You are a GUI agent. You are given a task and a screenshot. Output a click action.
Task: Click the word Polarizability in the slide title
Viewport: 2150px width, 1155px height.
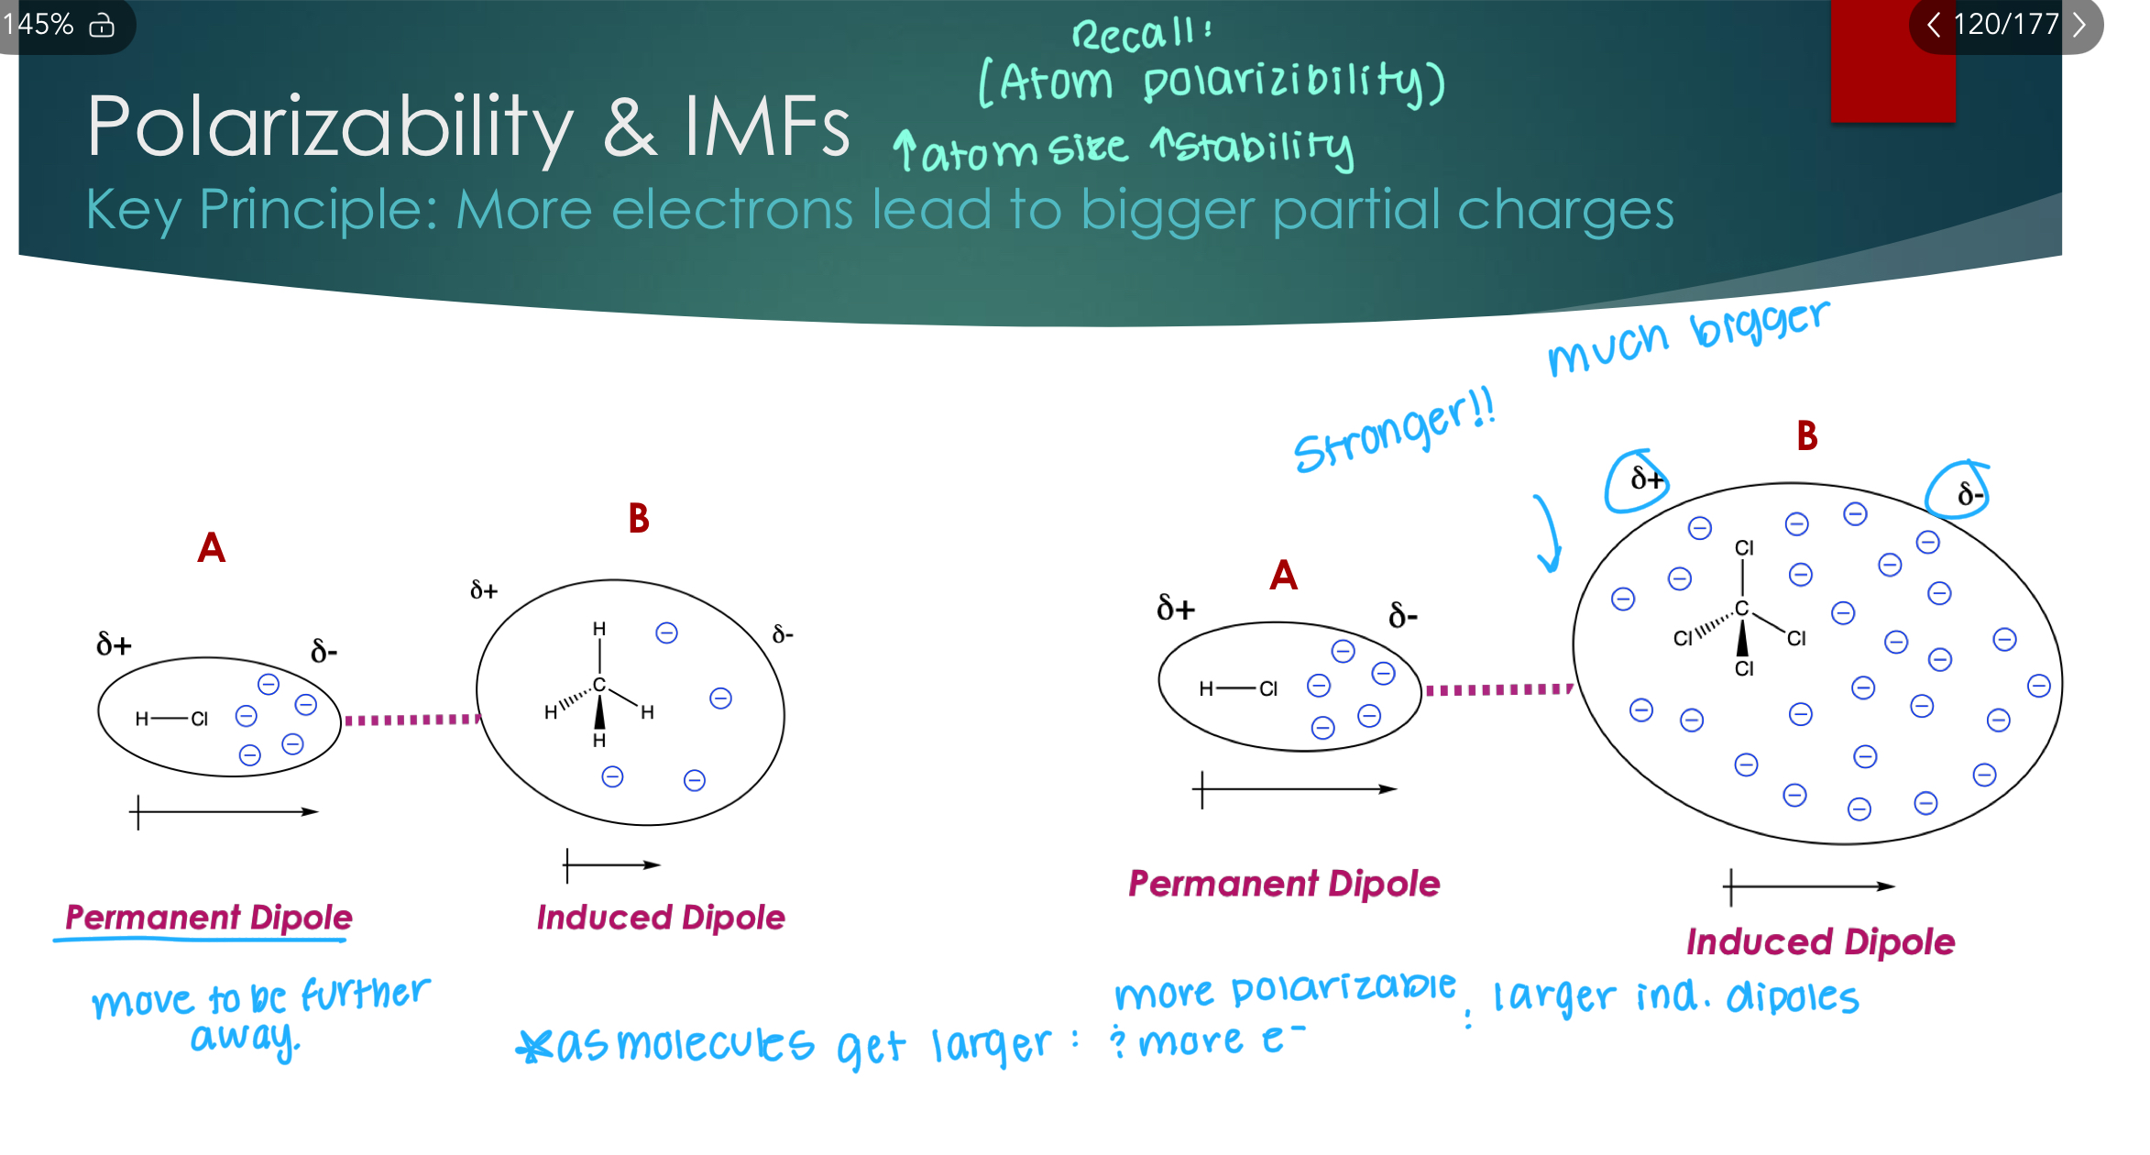click(x=330, y=128)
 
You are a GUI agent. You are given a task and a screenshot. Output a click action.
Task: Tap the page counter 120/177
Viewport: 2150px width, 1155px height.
click(x=2005, y=24)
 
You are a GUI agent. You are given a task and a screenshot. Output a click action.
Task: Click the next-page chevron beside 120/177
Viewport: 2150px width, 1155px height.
click(x=2079, y=24)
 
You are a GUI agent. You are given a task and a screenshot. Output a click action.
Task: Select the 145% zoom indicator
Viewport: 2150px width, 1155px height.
click(x=38, y=24)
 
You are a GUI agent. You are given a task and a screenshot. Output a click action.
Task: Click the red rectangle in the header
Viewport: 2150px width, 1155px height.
click(x=1892, y=64)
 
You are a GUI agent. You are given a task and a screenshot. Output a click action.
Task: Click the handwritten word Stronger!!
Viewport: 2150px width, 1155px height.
click(x=1393, y=431)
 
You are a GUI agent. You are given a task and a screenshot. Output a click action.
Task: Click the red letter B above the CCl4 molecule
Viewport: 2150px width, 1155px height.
click(x=1806, y=436)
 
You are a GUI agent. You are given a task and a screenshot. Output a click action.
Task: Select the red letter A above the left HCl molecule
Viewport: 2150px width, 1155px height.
click(x=211, y=548)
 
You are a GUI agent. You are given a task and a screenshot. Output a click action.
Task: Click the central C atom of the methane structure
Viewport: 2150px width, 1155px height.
click(x=599, y=685)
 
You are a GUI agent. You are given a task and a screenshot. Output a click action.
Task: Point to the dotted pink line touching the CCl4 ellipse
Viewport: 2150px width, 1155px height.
click(x=1498, y=689)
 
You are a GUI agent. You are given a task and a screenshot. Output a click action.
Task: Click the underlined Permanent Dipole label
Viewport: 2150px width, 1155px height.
click(x=209, y=918)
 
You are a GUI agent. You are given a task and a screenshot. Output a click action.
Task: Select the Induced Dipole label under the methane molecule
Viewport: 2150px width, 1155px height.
click(x=660, y=918)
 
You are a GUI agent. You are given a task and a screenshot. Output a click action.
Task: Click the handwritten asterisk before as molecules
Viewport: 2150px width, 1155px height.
click(x=533, y=1046)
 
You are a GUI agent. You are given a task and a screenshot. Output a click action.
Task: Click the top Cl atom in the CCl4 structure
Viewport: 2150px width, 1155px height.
click(x=1743, y=547)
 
